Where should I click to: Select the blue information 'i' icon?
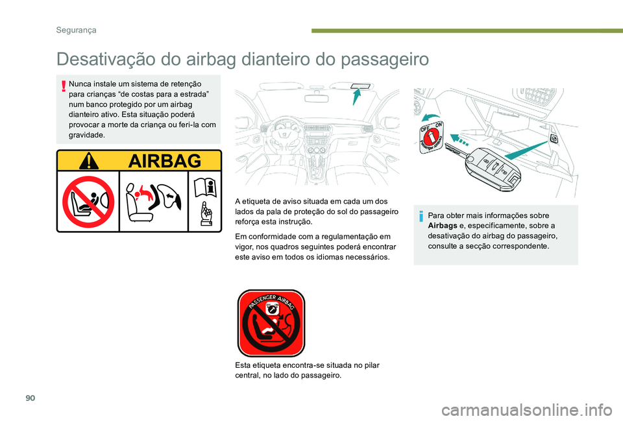tap(421, 216)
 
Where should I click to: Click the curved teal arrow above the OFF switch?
tap(429, 117)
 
